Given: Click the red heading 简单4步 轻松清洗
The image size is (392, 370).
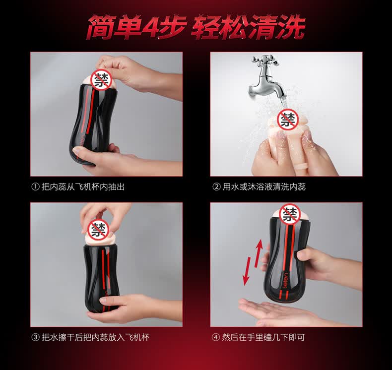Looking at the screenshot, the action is tap(196, 27).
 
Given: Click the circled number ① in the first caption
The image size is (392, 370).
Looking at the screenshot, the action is tap(35, 186).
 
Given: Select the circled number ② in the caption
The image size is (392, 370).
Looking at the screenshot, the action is tap(216, 186).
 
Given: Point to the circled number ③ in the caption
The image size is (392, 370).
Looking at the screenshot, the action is tap(35, 337).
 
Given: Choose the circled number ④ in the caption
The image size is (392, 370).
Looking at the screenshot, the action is tap(216, 337).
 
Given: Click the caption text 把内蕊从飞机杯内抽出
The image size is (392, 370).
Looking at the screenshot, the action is tap(83, 186).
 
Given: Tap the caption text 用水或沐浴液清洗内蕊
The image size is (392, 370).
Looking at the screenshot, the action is tap(264, 186).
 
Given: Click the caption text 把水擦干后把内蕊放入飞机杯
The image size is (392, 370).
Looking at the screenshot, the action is tap(95, 337).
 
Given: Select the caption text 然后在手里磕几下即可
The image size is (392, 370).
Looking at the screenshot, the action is tap(263, 337).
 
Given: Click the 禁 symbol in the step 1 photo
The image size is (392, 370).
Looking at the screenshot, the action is tap(102, 80).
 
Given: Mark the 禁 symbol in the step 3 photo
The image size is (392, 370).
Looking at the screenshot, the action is tap(98, 230).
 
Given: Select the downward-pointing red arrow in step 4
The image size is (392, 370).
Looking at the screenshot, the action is tap(247, 271).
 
